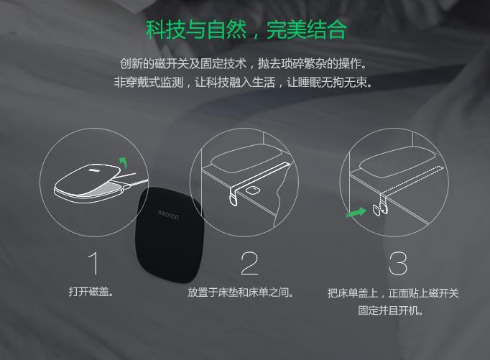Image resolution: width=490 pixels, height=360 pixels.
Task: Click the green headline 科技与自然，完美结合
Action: click(x=246, y=30)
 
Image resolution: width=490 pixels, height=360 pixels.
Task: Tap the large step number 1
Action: click(x=93, y=264)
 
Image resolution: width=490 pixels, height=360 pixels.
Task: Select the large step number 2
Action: click(x=250, y=264)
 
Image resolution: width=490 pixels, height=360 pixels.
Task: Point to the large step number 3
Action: click(x=398, y=264)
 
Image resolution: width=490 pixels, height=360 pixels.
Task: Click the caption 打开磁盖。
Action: click(x=91, y=292)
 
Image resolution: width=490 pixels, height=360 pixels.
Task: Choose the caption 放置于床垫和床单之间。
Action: click(x=241, y=292)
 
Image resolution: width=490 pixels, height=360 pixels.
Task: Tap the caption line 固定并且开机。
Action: click(x=391, y=310)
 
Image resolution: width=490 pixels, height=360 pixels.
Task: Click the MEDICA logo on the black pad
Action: click(x=168, y=215)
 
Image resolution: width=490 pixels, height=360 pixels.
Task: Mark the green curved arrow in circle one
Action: click(x=124, y=162)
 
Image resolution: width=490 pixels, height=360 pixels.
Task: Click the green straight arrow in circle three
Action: click(x=356, y=212)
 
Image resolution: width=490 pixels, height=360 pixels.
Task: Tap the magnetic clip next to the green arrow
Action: click(x=376, y=210)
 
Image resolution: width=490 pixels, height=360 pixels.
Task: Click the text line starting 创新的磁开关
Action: click(x=244, y=64)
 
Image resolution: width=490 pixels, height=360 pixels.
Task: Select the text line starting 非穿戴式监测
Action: click(x=243, y=82)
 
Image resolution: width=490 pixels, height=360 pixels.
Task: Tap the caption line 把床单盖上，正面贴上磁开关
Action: click(x=393, y=292)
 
